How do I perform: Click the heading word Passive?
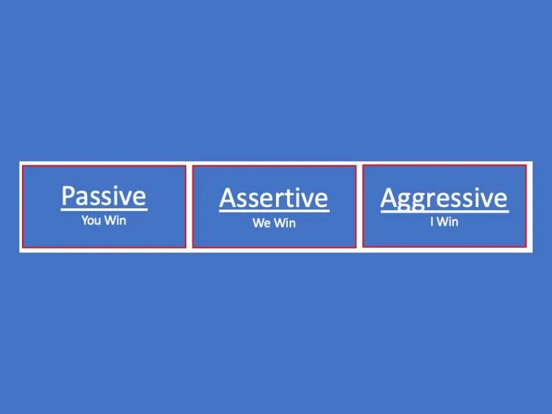point(103,196)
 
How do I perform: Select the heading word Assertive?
point(273,198)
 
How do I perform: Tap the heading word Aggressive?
point(444,198)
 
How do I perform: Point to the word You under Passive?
point(92,221)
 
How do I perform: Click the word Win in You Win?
point(115,221)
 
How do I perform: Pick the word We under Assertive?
point(262,224)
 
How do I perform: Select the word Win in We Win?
point(284,224)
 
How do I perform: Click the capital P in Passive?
point(68,196)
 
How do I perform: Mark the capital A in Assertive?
point(226,198)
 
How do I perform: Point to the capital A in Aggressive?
point(388,198)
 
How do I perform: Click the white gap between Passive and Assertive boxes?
point(189,207)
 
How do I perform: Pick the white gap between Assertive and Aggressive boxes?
point(359,207)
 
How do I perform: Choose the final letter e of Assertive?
point(322,199)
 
